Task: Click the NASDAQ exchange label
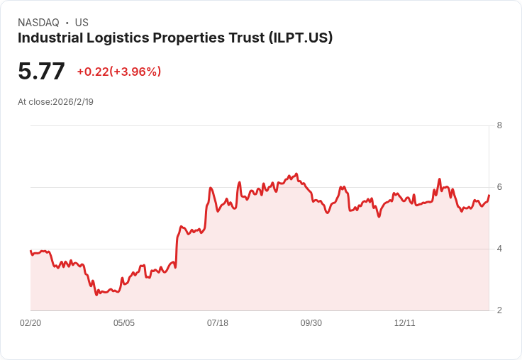coord(38,23)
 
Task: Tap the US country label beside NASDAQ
coord(82,23)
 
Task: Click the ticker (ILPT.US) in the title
coord(301,38)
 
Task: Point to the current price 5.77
coord(41,71)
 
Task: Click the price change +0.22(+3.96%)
coord(119,72)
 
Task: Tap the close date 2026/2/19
coord(73,101)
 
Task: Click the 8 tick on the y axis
coord(500,125)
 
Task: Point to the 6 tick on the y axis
coord(500,187)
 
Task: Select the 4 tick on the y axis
coord(500,249)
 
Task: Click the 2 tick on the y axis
coord(500,310)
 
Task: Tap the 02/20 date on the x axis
coord(30,323)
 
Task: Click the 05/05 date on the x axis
coord(124,323)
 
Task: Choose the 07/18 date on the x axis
coord(218,323)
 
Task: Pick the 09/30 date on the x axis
coord(311,323)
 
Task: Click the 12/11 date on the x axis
coord(405,323)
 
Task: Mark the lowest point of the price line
coord(96,295)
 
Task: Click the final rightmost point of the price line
coord(489,195)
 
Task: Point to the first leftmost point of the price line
coord(30,251)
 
